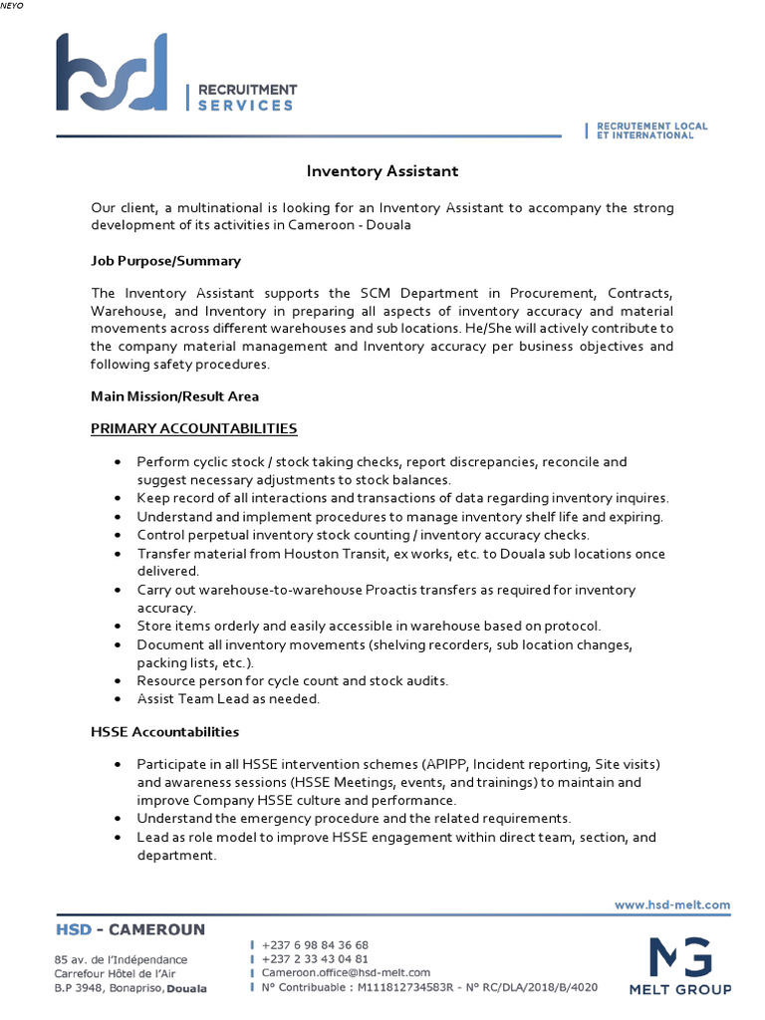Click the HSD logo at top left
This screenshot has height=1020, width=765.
(x=112, y=72)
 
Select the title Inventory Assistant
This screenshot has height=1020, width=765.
(x=382, y=171)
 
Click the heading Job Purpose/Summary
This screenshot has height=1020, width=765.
(x=165, y=261)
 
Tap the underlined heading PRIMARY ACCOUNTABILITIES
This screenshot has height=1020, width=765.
(x=194, y=428)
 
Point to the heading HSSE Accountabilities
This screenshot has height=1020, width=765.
(x=164, y=732)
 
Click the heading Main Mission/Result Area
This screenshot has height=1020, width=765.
(x=174, y=396)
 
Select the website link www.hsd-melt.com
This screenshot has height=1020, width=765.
(x=672, y=905)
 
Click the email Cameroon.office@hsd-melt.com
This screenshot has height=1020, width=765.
(x=346, y=973)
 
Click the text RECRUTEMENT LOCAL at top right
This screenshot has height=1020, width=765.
(x=652, y=127)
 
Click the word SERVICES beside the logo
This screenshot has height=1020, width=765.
(x=245, y=105)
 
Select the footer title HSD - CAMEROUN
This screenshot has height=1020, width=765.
(x=130, y=930)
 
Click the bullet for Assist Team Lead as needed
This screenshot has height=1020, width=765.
(x=118, y=699)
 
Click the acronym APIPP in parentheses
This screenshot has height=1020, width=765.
(x=446, y=764)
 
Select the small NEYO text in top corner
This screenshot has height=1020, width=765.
(x=12, y=6)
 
